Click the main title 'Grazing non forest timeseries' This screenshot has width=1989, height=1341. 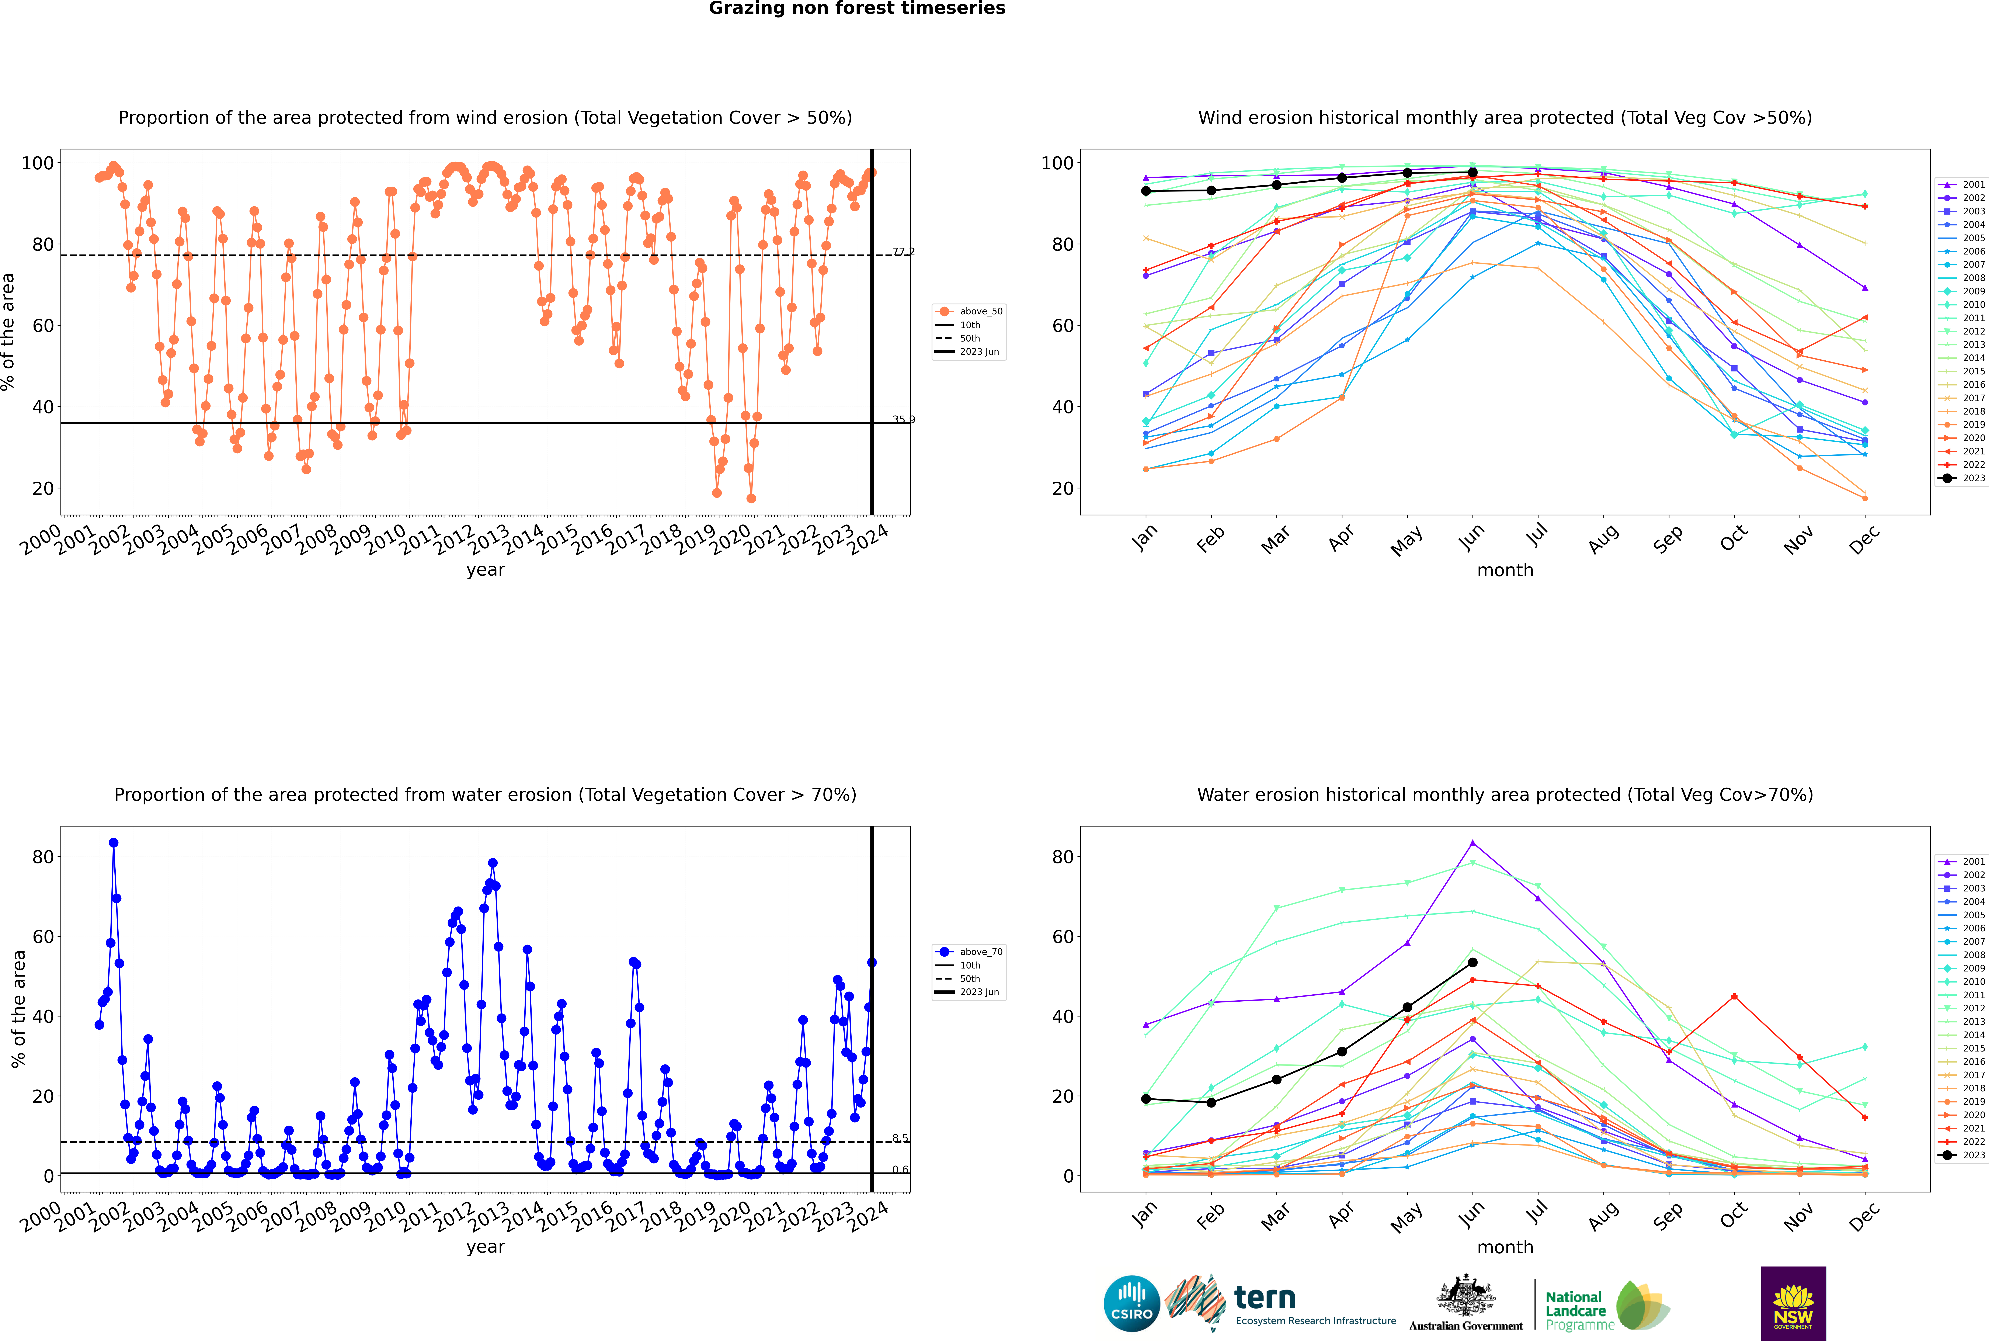click(857, 8)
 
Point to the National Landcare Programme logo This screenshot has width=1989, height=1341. click(1606, 1306)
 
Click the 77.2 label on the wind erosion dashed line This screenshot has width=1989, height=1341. click(903, 252)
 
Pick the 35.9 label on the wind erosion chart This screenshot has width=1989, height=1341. click(903, 420)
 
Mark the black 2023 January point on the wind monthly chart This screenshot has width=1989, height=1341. click(1146, 191)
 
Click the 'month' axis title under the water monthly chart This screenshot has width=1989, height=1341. click(1505, 1248)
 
